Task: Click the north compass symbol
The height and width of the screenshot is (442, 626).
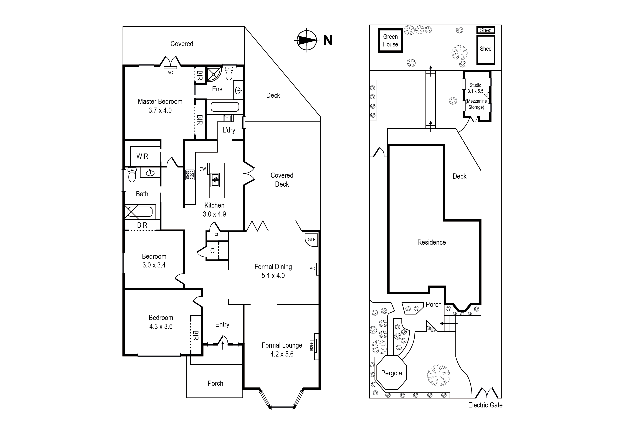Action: [307, 40]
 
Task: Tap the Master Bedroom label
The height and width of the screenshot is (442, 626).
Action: [160, 102]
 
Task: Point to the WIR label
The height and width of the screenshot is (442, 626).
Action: [142, 156]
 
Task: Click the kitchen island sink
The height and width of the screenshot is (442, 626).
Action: [215, 180]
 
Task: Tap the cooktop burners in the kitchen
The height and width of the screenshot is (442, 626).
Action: [190, 175]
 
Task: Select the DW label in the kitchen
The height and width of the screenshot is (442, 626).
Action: [203, 169]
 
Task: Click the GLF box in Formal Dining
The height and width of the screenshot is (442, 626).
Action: [311, 240]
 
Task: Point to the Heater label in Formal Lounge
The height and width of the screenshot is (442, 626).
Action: [311, 345]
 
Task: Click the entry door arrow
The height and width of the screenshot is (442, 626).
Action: [223, 346]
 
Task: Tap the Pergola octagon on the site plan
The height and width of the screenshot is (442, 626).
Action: [392, 373]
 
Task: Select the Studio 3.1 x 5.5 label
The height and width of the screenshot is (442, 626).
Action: [475, 88]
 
